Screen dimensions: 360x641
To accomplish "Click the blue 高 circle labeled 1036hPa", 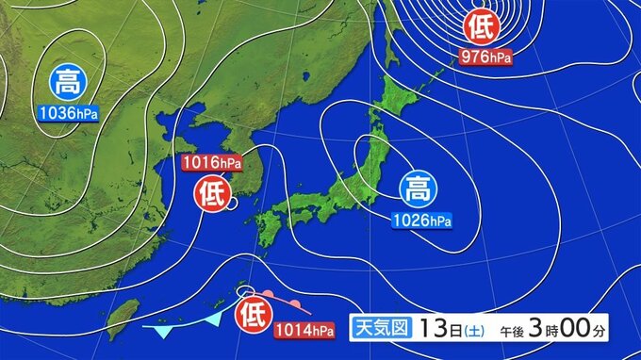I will (x=67, y=83).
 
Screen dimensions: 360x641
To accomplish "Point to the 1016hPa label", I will (x=212, y=164).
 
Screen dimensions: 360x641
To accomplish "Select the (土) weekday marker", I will (x=475, y=330).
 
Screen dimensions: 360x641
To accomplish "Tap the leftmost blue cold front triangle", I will (x=165, y=332).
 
